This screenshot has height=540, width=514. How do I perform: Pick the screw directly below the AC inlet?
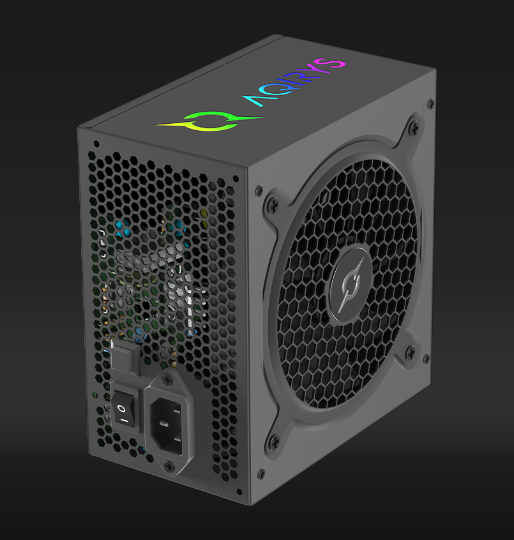[170, 467]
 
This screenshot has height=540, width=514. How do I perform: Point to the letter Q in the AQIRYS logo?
[276, 90]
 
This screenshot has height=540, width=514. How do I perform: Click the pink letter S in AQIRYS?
[336, 64]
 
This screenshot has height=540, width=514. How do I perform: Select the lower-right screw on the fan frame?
[410, 350]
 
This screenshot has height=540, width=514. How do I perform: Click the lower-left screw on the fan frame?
[274, 440]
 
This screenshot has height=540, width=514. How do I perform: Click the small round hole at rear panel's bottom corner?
[238, 492]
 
